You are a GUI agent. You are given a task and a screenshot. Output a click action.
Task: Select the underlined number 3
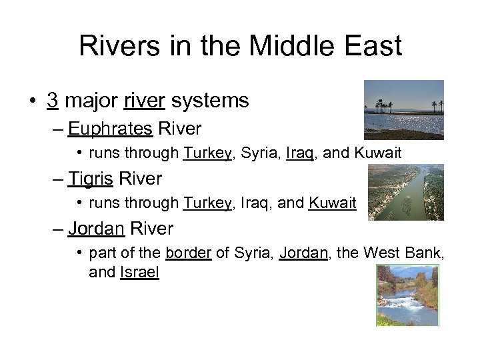coord(52,101)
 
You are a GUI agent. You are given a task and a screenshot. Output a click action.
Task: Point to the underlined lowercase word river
coord(145,101)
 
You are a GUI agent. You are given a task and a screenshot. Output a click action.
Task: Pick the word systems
coord(210,101)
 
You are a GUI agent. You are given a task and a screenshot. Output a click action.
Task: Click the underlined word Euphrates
coord(110,127)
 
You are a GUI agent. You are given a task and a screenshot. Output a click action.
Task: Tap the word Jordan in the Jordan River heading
coord(96,229)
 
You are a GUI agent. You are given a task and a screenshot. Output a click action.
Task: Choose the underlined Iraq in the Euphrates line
coord(301,153)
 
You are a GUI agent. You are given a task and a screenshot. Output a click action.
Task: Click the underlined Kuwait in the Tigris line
coord(333,203)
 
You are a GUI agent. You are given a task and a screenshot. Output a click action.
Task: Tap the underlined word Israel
coord(139,272)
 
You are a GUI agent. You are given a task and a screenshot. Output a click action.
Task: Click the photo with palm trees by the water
coord(403,109)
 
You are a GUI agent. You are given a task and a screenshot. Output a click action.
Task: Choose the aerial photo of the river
coord(405,193)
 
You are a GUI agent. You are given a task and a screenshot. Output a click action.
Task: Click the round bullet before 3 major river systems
coord(33,101)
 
